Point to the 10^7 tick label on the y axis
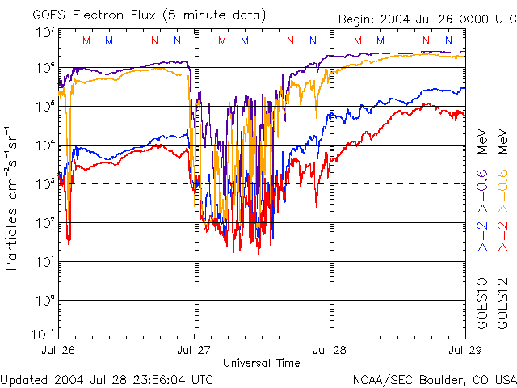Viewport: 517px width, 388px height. (x=44, y=32)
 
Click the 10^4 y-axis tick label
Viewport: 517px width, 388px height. (x=44, y=145)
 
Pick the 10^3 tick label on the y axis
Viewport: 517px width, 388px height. (x=44, y=183)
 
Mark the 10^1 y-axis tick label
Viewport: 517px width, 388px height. (x=44, y=261)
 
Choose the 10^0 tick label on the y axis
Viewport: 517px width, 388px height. (x=44, y=300)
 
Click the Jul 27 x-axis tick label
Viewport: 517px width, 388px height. (x=195, y=350)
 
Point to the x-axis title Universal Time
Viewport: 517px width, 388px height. (x=261, y=363)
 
